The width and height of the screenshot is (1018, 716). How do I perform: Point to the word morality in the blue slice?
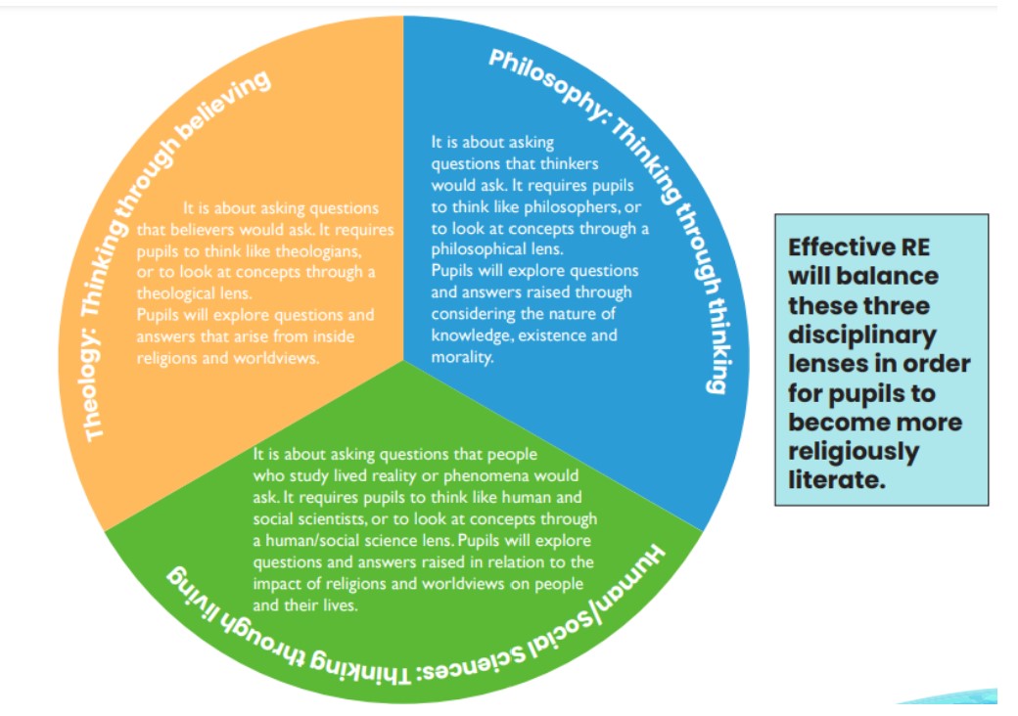(x=464, y=357)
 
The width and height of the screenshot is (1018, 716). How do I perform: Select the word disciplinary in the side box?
(x=861, y=336)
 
